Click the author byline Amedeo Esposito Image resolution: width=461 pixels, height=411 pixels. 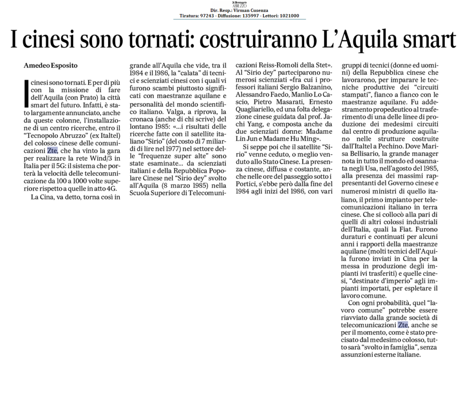[51, 66]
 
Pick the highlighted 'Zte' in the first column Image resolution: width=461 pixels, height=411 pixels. [53, 151]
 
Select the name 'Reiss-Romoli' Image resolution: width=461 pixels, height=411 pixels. [279, 65]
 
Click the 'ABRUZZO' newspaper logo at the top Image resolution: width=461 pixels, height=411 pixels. [240, 4]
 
